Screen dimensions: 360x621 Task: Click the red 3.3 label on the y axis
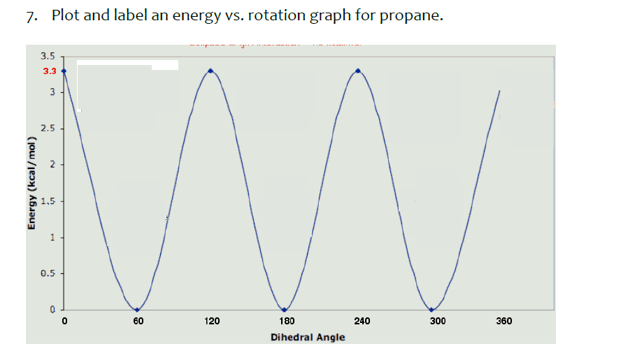(x=49, y=71)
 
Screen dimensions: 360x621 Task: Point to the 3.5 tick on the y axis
(x=49, y=56)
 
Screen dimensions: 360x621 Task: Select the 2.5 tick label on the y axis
(x=49, y=129)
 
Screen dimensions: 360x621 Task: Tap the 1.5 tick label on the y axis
(x=49, y=202)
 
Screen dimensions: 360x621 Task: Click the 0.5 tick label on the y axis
(x=49, y=274)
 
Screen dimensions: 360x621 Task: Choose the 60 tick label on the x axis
(x=138, y=322)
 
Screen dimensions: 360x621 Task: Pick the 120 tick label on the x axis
(x=212, y=322)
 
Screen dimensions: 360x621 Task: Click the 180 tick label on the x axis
(x=287, y=322)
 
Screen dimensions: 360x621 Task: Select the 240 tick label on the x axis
(x=362, y=322)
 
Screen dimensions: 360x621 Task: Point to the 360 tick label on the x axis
(x=504, y=322)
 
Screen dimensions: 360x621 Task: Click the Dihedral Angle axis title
(x=308, y=338)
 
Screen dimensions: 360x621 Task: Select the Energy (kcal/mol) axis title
(x=31, y=183)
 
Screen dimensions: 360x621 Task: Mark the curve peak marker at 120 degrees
(x=210, y=71)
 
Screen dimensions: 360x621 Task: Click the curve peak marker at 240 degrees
(x=359, y=71)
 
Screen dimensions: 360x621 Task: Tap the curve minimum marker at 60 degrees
(x=137, y=310)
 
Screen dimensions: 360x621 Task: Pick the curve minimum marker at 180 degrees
(x=285, y=310)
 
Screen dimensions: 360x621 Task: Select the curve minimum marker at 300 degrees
(x=432, y=310)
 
